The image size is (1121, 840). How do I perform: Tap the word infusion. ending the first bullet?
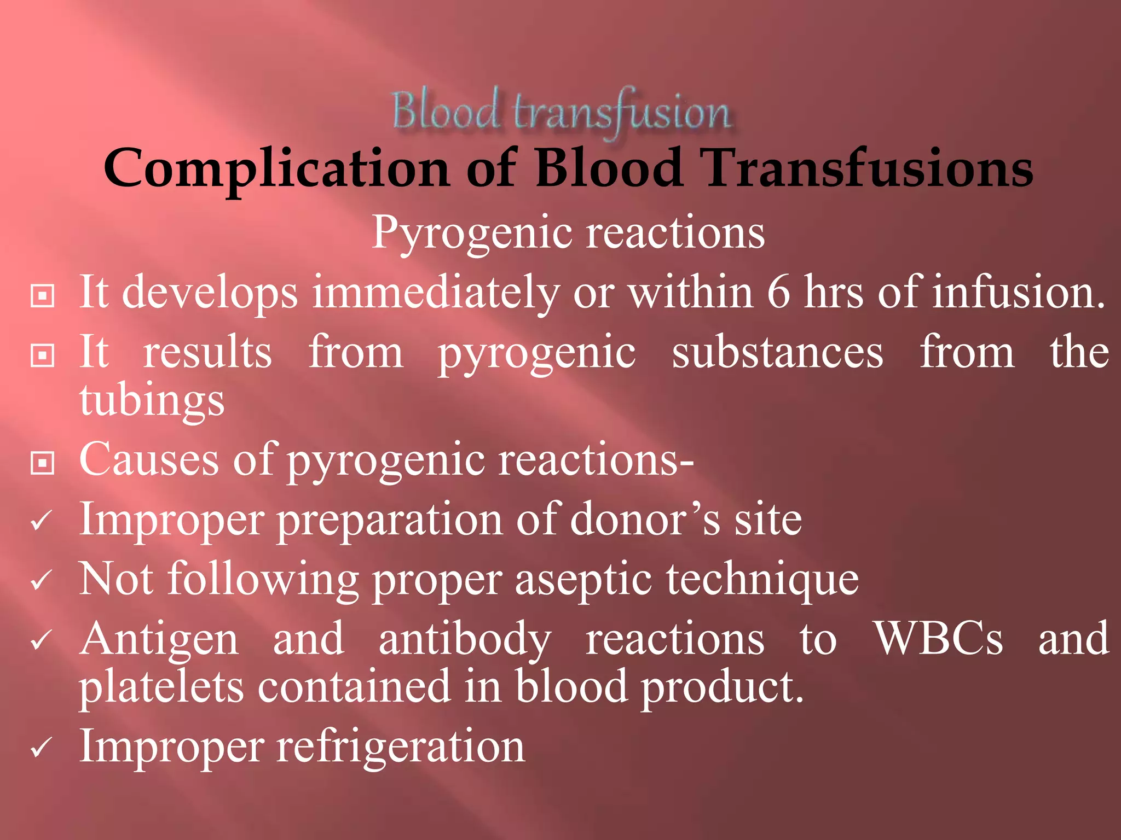[x=1019, y=293]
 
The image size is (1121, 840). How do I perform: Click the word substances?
[x=777, y=353]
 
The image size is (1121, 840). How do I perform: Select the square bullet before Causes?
[x=42, y=463]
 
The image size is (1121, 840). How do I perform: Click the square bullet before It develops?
[x=42, y=296]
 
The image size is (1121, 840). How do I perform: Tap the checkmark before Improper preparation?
[x=42, y=521]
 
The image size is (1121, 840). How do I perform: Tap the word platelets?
[x=161, y=688]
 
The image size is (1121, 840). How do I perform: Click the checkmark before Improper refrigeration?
[x=42, y=748]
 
